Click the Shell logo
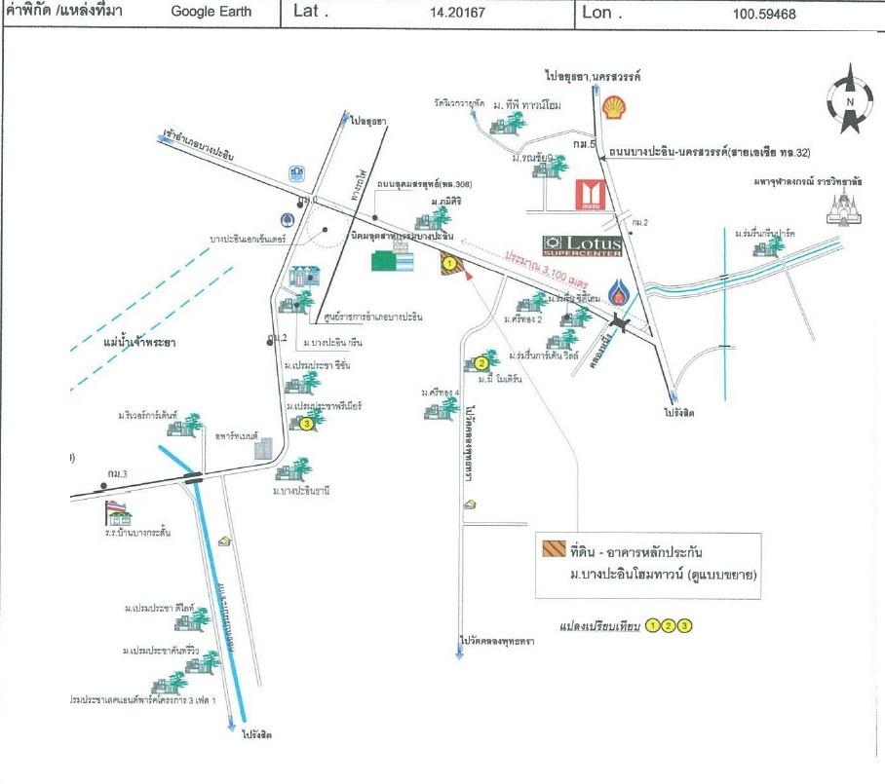[x=615, y=105]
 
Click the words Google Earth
[x=211, y=13]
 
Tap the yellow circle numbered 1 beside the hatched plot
[x=448, y=261]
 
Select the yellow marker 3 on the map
[x=306, y=424]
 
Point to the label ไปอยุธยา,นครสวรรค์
[x=598, y=75]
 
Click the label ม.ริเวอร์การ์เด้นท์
[x=148, y=416]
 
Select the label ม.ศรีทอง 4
[x=441, y=392]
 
